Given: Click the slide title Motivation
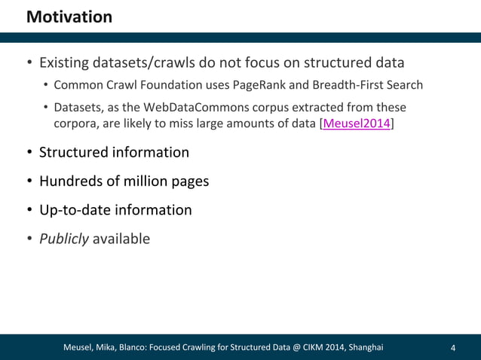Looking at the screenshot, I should (x=69, y=16).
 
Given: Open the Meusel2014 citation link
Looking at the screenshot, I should (x=356, y=124).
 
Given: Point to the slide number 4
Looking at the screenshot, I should (x=452, y=348).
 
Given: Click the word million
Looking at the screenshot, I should (x=144, y=181).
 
